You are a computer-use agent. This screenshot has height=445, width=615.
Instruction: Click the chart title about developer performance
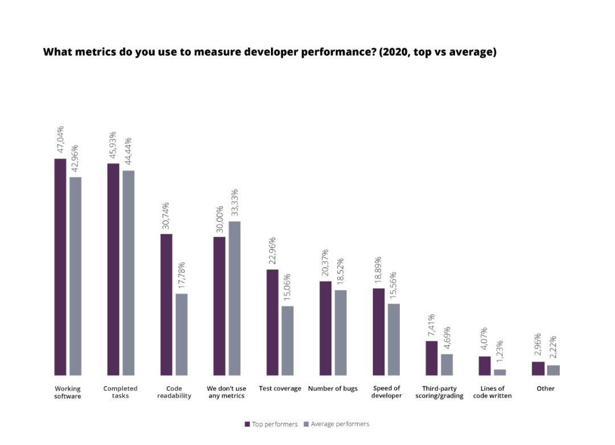269,52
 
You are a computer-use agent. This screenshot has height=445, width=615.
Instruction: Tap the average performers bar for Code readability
181,334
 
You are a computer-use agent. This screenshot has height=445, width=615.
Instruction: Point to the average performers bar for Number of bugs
341,333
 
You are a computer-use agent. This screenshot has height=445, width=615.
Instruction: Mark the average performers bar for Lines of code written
500,372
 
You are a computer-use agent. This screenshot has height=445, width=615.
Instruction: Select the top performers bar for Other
538,368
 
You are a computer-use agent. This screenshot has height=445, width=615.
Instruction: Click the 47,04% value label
60,140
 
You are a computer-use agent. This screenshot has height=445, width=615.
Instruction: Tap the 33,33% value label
235,203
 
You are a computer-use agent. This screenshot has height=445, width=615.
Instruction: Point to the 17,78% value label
182,275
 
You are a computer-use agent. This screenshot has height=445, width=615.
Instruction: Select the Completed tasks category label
120,392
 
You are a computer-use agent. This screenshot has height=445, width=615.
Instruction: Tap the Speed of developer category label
386,392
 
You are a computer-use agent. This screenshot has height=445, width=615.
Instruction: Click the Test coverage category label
280,389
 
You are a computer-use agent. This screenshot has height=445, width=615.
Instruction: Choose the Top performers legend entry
272,424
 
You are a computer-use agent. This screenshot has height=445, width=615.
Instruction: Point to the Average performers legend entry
337,424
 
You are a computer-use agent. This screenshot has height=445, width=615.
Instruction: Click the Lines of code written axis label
492,392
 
